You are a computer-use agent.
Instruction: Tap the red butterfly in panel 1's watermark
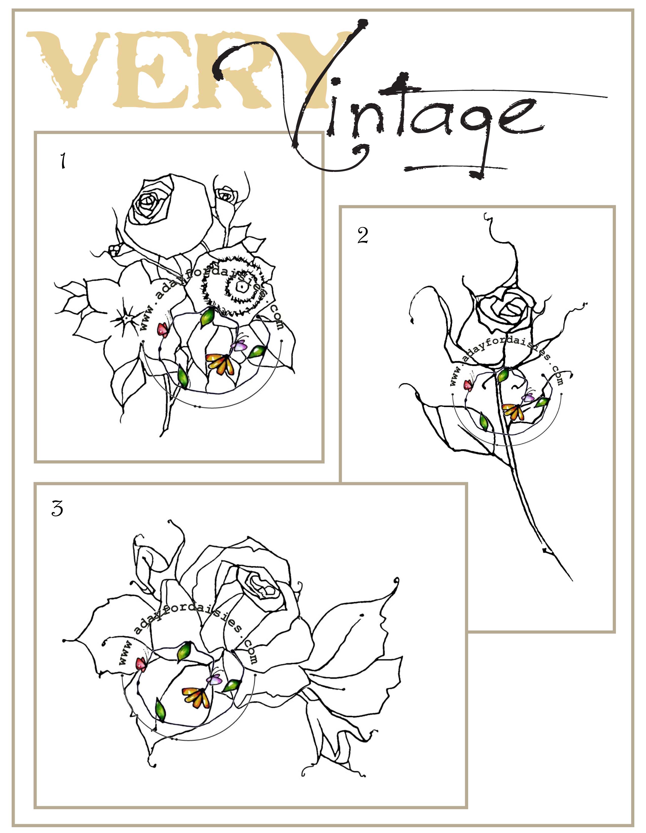(163, 329)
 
